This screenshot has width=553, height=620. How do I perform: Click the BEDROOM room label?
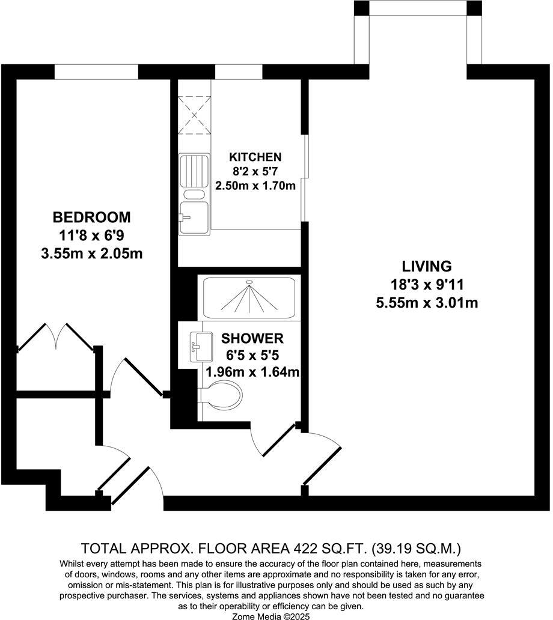91,217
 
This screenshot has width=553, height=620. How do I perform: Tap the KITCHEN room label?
255,157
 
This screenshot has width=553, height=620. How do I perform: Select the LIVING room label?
426,266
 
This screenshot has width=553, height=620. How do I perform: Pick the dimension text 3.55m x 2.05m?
91,254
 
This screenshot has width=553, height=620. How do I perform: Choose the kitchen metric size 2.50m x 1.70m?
255,186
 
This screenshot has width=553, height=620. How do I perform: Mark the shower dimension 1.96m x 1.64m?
252,372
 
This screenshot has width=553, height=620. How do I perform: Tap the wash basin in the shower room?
199,347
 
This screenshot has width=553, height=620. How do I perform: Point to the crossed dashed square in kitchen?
194,114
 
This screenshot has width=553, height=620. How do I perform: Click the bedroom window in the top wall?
96,71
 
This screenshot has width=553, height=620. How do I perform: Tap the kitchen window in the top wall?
239,71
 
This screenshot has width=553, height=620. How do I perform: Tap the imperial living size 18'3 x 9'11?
426,284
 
